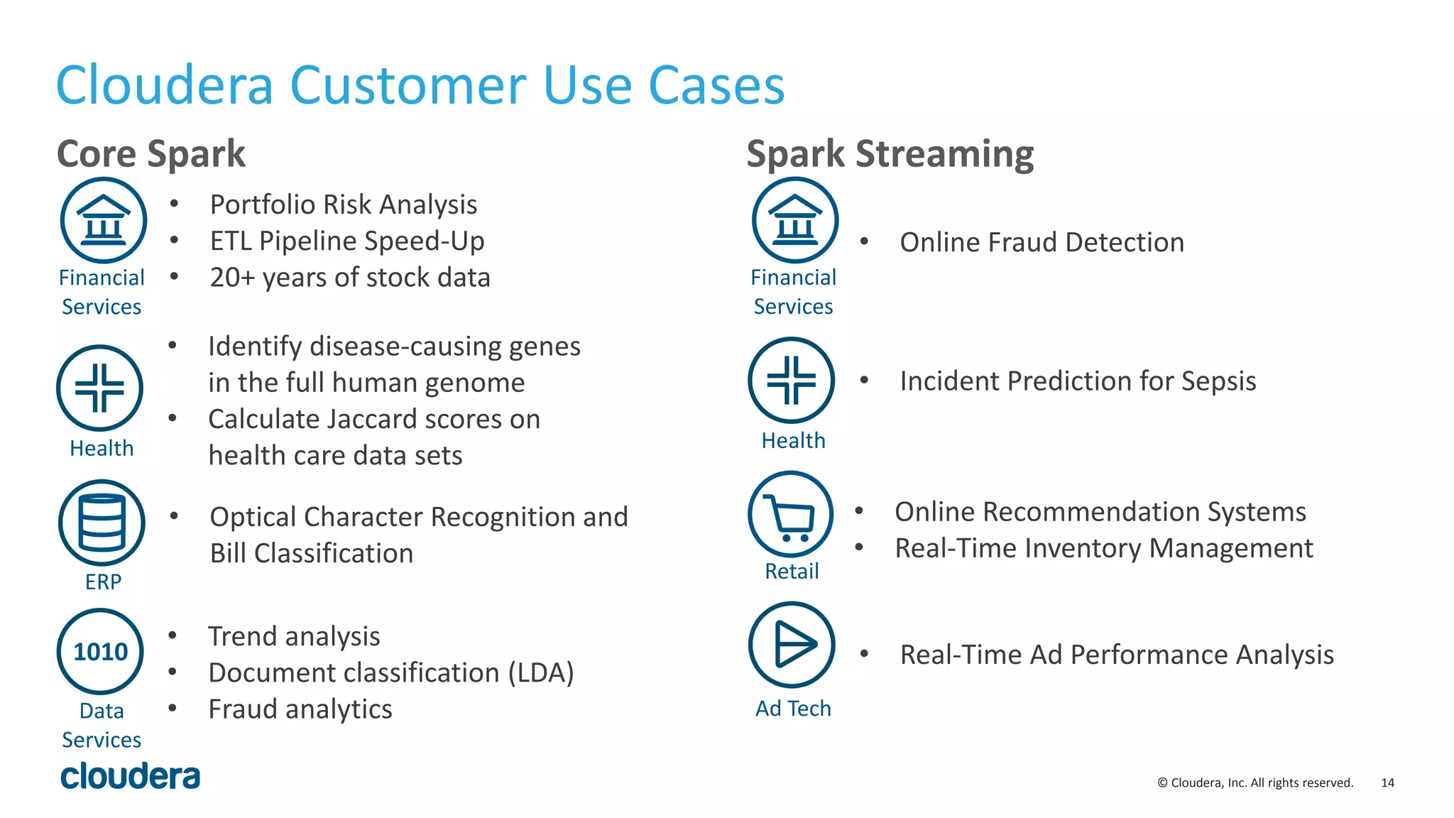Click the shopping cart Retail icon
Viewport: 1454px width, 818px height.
[791, 514]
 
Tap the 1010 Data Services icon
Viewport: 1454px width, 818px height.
[100, 651]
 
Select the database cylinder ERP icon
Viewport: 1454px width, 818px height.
[102, 523]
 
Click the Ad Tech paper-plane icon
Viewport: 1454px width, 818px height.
[792, 645]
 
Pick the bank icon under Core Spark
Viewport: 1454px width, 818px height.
[104, 220]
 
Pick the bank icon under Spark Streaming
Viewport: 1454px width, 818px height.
[795, 220]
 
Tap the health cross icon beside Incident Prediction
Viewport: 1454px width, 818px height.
[792, 380]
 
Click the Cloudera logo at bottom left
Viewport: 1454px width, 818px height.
[131, 776]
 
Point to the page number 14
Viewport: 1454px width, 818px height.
[1387, 782]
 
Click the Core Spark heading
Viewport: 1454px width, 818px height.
[151, 154]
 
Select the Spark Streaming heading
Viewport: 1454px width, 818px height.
[890, 154]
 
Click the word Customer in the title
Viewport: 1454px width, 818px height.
[409, 85]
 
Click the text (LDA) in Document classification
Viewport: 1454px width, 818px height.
[541, 672]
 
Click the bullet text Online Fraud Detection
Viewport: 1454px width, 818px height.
[1042, 242]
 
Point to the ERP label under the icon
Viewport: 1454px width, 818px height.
[103, 582]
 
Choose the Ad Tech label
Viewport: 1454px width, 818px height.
[792, 708]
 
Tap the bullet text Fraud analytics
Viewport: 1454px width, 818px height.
[300, 709]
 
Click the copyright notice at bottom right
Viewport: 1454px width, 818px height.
[1255, 782]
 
